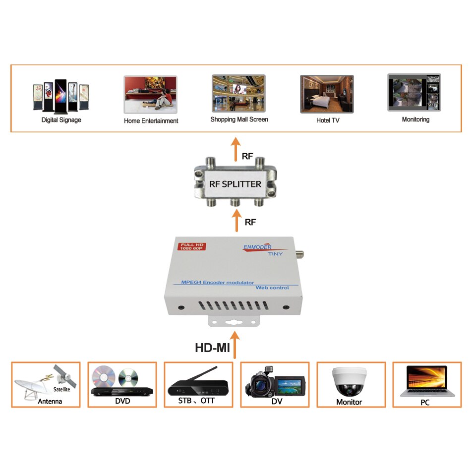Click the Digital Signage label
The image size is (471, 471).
[61, 120]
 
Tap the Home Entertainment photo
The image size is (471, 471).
[151, 95]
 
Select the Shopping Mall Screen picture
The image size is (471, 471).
[238, 93]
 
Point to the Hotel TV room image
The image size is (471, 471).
[327, 94]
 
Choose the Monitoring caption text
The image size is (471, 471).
[416, 119]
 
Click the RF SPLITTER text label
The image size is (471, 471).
[235, 184]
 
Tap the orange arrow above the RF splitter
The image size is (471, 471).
[236, 149]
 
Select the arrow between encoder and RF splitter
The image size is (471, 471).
[236, 220]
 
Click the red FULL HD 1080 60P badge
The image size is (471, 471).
[192, 246]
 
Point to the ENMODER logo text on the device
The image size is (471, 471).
[257, 247]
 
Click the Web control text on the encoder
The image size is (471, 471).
[272, 288]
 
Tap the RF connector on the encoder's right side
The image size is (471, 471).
[299, 254]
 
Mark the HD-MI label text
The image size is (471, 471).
[212, 348]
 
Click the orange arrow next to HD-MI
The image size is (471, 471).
[235, 345]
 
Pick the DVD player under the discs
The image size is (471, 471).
[122, 391]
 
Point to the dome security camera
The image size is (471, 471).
[350, 381]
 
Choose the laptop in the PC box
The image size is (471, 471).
[427, 381]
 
